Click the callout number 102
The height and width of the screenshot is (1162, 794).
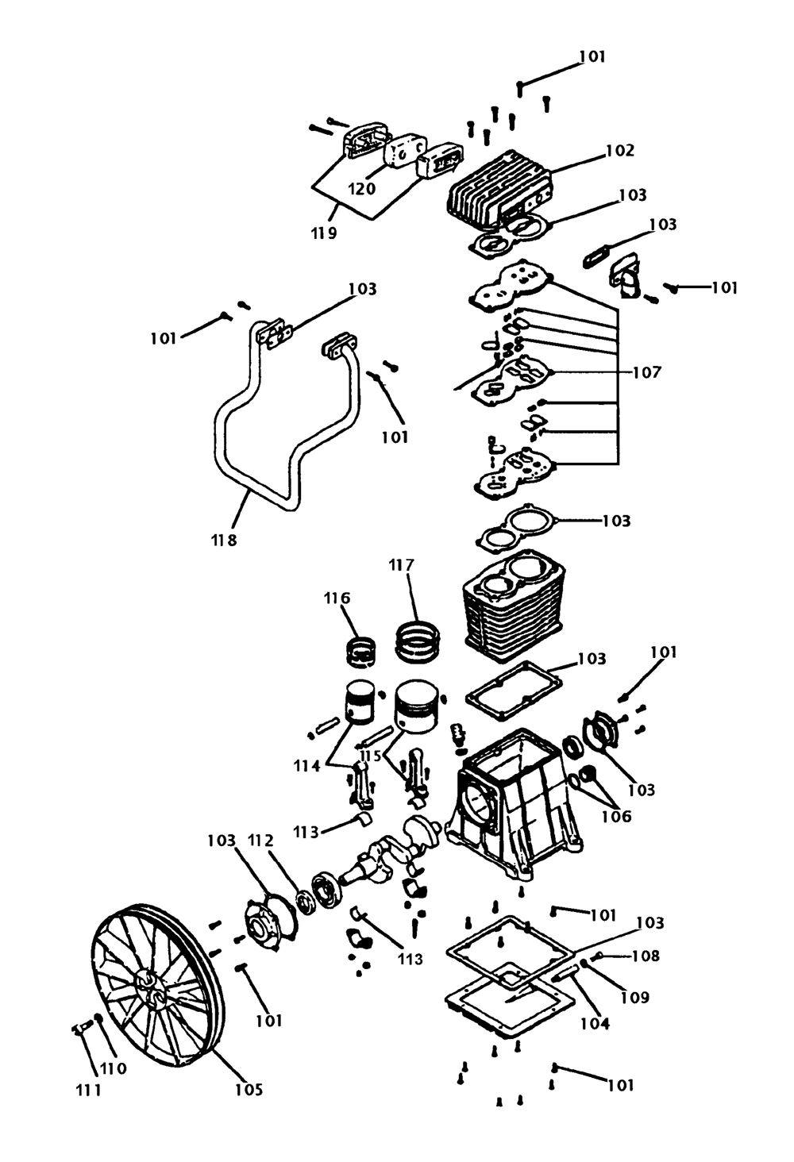click(x=619, y=151)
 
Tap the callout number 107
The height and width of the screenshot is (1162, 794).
click(x=646, y=372)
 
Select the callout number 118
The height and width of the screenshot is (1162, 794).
click(x=224, y=541)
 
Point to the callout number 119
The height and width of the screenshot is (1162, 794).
click(x=324, y=233)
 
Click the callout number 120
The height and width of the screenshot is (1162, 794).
click(x=361, y=188)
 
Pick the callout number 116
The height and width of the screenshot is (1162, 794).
click(x=337, y=598)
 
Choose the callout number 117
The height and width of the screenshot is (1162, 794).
click(x=402, y=564)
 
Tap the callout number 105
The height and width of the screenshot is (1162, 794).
click(x=249, y=1090)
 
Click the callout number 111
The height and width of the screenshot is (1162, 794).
click(x=89, y=1091)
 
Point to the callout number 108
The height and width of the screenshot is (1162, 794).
click(x=645, y=956)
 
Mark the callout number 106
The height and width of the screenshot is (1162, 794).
click(x=616, y=817)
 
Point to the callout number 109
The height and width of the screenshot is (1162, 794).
click(x=634, y=997)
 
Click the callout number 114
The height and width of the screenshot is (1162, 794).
click(x=306, y=766)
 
